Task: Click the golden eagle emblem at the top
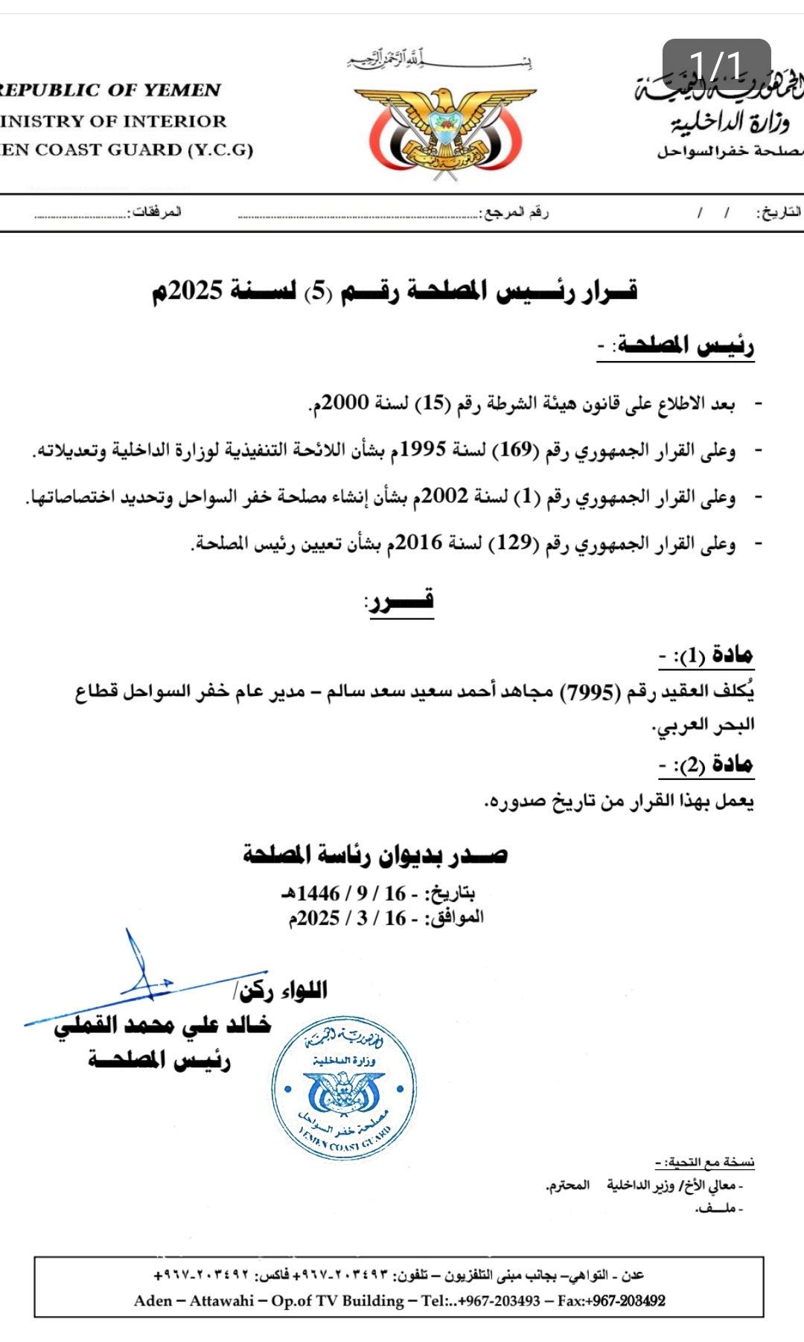445,131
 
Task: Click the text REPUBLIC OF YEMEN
110,90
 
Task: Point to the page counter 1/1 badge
716,65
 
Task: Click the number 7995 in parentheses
590,692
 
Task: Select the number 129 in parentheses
514,543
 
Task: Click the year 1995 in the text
423,450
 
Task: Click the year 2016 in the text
419,543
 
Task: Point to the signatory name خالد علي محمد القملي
162,1025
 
